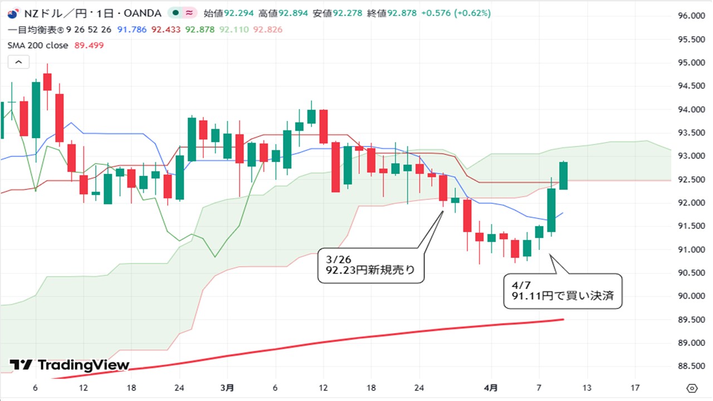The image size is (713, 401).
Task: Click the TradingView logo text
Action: tap(84, 365)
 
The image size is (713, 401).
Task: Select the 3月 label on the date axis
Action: tap(227, 388)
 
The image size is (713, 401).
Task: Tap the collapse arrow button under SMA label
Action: tap(18, 62)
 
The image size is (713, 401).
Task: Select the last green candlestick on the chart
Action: tap(563, 175)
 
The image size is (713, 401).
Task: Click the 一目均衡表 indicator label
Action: tap(36, 29)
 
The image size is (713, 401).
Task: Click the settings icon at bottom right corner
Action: tap(692, 388)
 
